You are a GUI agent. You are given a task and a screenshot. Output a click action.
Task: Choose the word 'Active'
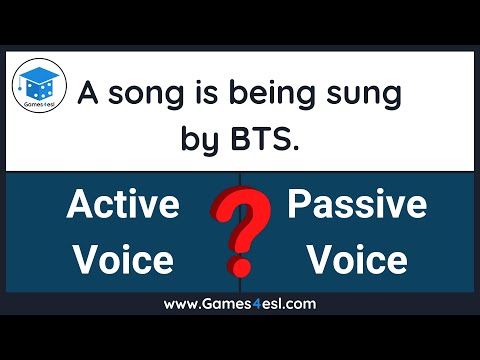(x=123, y=206)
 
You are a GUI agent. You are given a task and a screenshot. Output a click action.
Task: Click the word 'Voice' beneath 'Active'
(x=123, y=259)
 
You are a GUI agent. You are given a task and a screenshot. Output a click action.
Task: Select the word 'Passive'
(x=357, y=206)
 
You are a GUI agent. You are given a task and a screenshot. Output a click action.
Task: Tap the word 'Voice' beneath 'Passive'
(x=357, y=259)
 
